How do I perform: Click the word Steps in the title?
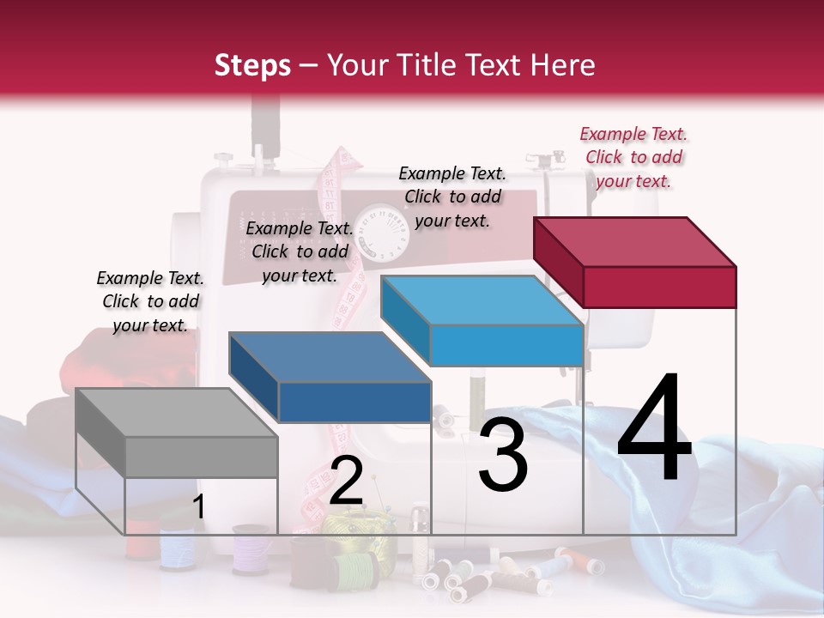(x=252, y=65)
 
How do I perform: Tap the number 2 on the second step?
(x=346, y=480)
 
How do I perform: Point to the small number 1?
(x=199, y=507)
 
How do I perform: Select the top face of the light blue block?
(x=482, y=300)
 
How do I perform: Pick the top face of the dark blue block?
(x=330, y=357)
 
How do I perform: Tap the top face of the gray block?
(x=177, y=413)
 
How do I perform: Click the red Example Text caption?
(x=633, y=158)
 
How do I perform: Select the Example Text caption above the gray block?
(x=150, y=301)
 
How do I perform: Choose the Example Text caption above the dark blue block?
(x=300, y=251)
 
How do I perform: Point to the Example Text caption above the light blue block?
(x=452, y=197)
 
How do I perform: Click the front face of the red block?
(x=659, y=287)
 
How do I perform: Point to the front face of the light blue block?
(x=506, y=345)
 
